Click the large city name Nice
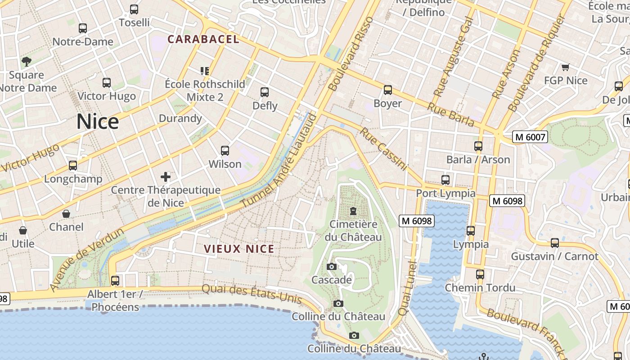tap(98, 121)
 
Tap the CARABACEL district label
tap(203, 39)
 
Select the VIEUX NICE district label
tap(239, 249)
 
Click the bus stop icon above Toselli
tap(134, 9)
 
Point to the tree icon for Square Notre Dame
tap(27, 61)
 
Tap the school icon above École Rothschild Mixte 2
tap(205, 71)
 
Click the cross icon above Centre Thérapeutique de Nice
tap(166, 176)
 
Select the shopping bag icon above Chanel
tap(66, 213)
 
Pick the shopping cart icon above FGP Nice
tap(565, 67)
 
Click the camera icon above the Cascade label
tap(332, 266)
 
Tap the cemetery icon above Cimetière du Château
tap(353, 211)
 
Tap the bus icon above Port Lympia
tap(445, 180)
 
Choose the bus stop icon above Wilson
tap(225, 151)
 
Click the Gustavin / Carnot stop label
tap(554, 256)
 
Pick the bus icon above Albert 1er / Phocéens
tap(115, 280)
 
